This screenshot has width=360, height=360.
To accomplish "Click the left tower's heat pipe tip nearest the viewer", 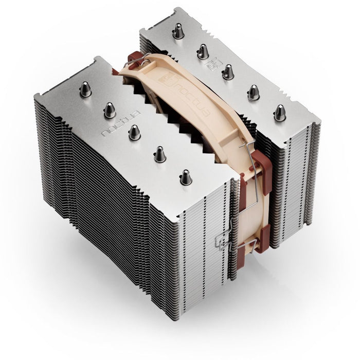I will [x=185, y=177].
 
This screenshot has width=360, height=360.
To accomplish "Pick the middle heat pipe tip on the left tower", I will [x=134, y=132].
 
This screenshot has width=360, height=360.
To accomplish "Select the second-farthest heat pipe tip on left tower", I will [x=110, y=109].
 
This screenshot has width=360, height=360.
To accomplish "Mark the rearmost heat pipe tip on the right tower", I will [x=178, y=31].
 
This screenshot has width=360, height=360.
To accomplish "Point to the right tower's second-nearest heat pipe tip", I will [x=253, y=92].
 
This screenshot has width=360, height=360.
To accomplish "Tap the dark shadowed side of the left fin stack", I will [x=103, y=206].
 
